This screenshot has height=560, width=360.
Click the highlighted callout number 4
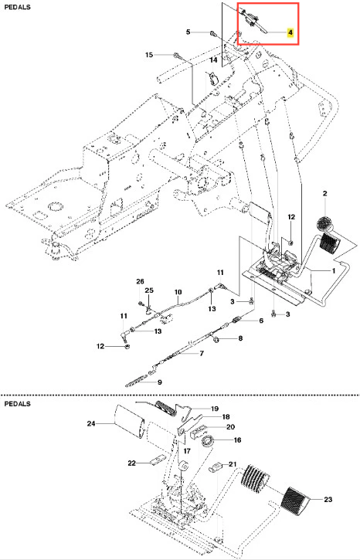tap(290, 32)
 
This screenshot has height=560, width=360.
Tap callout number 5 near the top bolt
tap(188, 32)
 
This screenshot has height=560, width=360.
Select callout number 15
tap(149, 55)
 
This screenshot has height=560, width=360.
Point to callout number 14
tap(213, 59)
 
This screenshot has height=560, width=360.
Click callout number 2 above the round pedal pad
tap(324, 194)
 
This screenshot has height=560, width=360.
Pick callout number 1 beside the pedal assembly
tap(334, 270)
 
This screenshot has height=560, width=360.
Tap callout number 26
tap(140, 282)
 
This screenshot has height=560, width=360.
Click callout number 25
tap(149, 290)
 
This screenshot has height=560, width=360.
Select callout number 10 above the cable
tap(178, 292)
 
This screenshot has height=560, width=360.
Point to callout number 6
tap(261, 321)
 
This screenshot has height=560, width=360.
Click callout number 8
tap(240, 338)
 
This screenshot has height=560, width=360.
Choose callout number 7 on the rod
tap(202, 354)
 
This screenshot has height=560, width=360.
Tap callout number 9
tap(160, 382)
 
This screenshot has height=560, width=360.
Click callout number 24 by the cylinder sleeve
tap(91, 423)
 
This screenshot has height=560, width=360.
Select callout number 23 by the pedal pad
tap(328, 499)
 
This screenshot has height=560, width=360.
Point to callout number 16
tap(237, 440)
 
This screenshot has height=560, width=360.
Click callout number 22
tap(132, 463)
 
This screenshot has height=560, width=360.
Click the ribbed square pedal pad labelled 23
tap(295, 497)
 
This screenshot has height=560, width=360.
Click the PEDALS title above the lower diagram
tap(17, 404)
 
